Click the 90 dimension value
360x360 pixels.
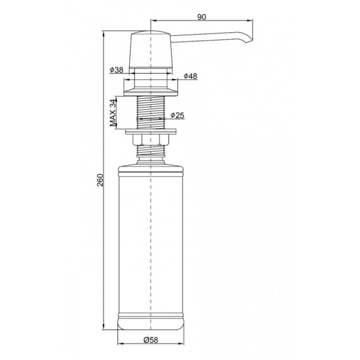click(x=202, y=17)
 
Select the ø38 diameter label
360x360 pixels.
click(x=117, y=70)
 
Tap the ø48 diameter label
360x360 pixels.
click(x=190, y=76)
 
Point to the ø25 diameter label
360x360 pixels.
click(x=177, y=115)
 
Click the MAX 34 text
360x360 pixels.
click(x=112, y=113)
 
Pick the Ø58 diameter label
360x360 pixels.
click(x=151, y=340)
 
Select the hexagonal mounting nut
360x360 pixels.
click(x=151, y=140)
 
